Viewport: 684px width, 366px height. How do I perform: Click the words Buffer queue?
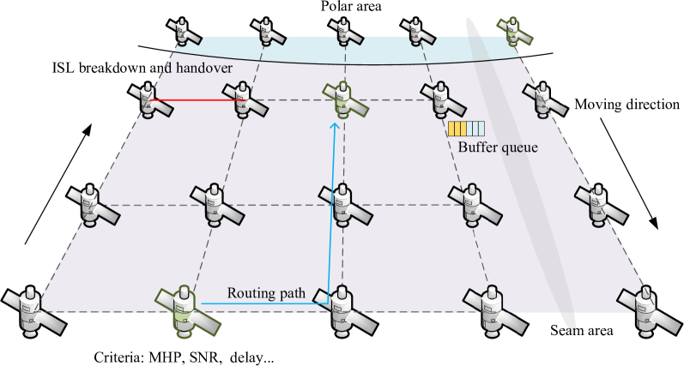pos(498,147)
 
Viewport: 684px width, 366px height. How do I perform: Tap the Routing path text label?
pos(266,293)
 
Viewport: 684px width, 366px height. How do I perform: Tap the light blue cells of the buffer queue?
pos(475,129)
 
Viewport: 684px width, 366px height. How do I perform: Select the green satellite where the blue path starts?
pos(184,308)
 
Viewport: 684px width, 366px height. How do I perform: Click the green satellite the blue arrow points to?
pos(344,100)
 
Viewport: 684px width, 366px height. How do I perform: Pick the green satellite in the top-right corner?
pos(513,31)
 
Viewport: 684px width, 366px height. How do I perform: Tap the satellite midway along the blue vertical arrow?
pos(342,204)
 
